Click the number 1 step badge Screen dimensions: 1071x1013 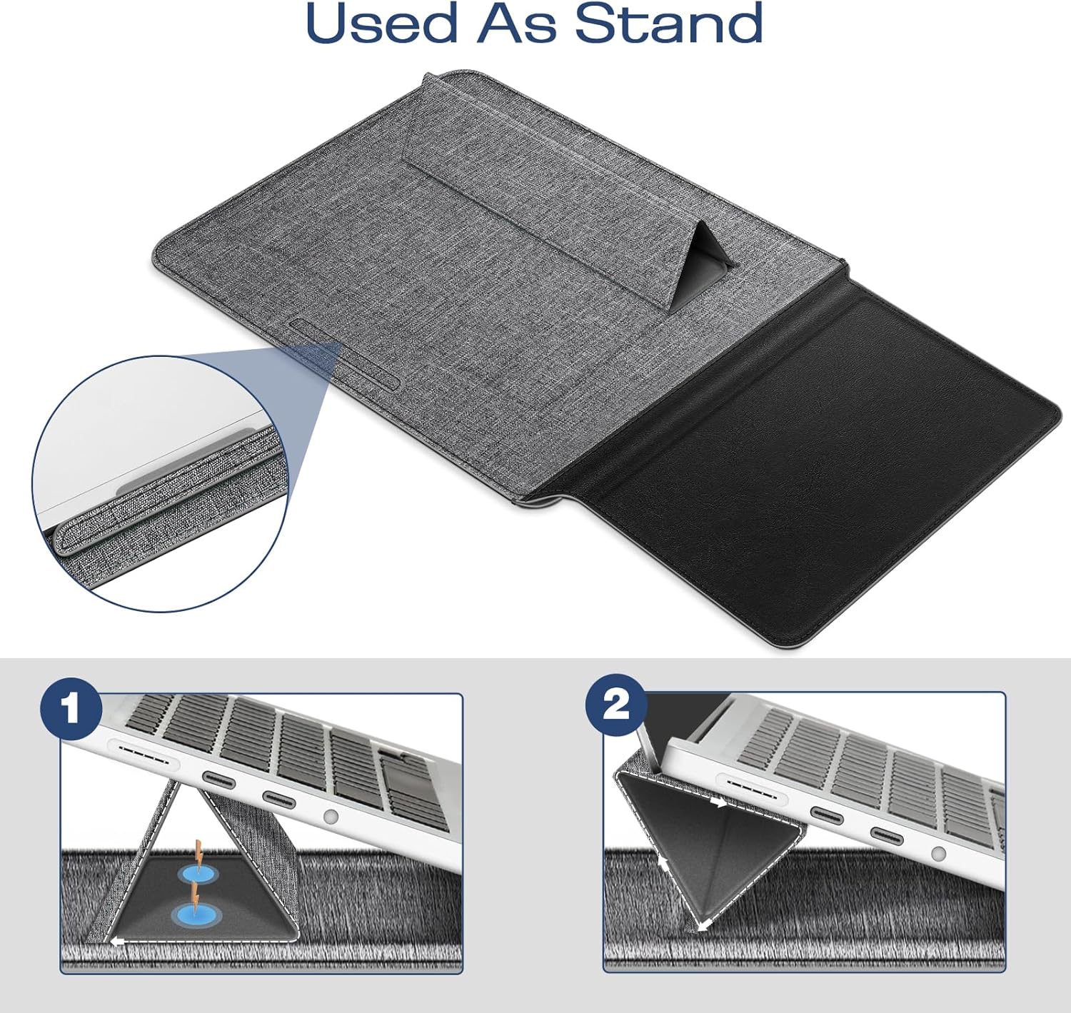71,709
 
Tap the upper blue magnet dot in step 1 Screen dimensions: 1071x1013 198,874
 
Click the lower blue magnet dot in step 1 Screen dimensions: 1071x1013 194,914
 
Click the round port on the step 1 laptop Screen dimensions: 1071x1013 330,817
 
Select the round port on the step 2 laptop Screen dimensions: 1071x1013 937,853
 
